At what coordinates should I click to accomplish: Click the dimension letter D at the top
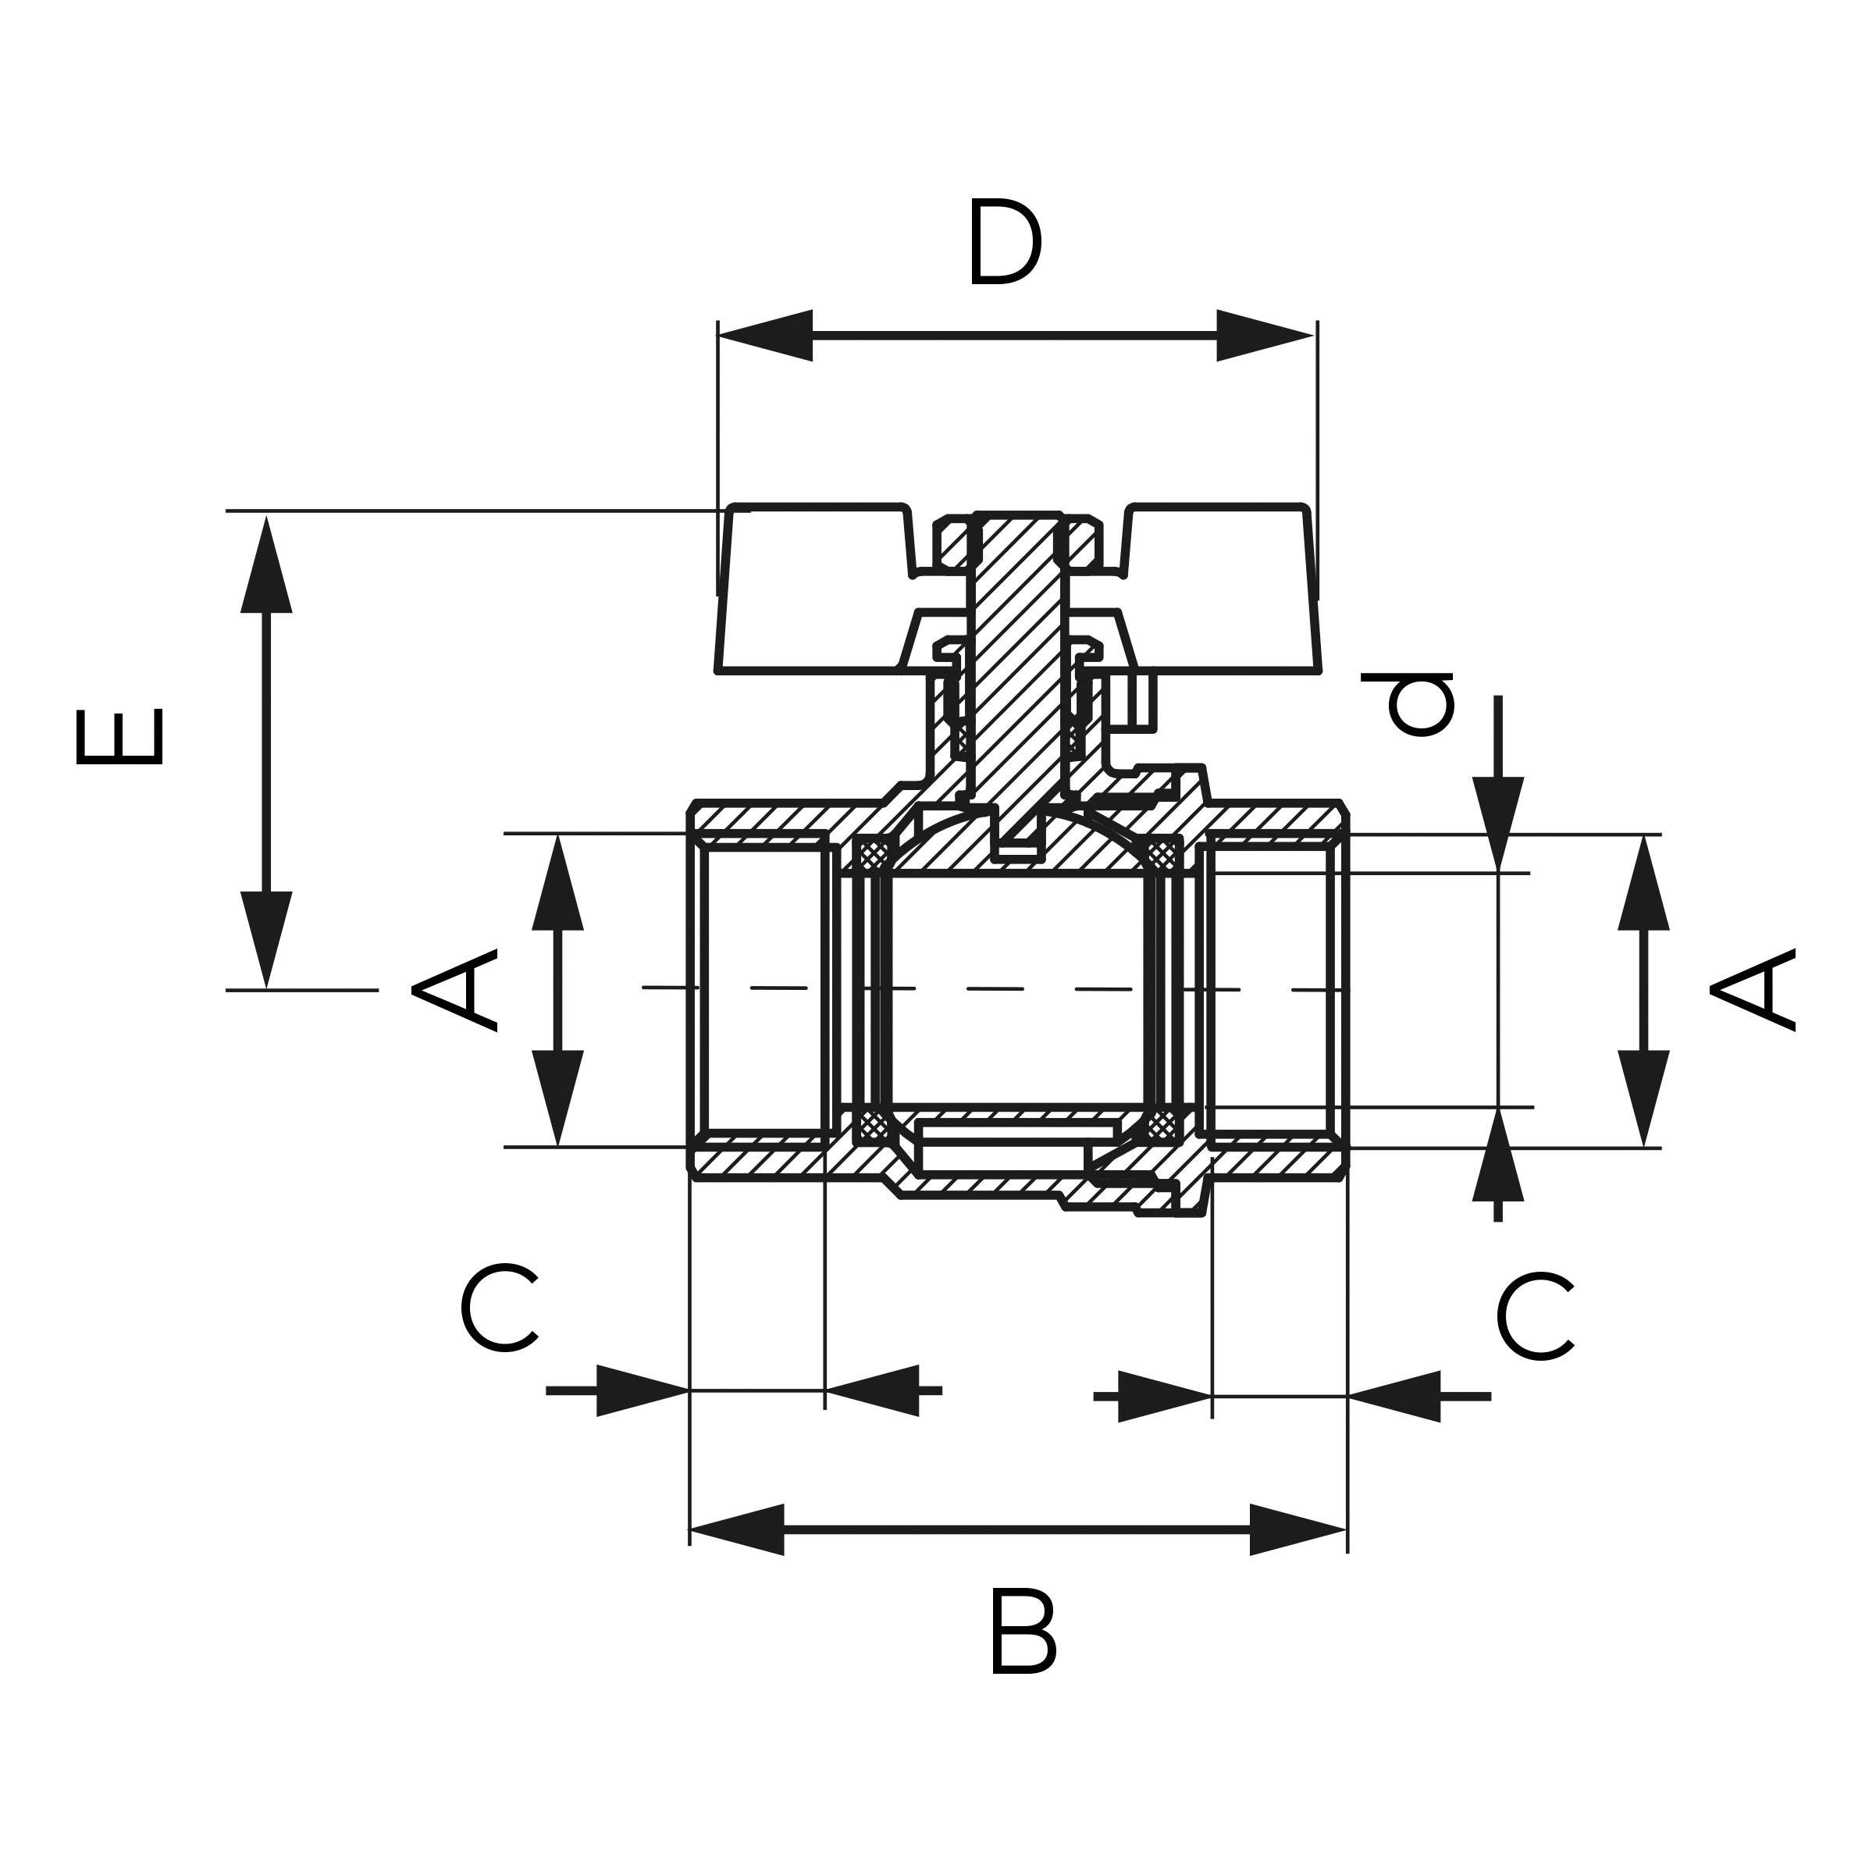(x=1004, y=241)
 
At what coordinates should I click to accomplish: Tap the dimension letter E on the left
(x=119, y=737)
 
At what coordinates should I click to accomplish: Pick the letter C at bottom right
(x=1535, y=1316)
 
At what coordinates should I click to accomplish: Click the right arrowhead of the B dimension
(x=1298, y=1530)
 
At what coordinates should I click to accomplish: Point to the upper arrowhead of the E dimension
(x=266, y=565)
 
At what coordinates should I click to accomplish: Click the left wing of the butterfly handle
(x=814, y=589)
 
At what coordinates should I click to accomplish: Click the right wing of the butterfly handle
(x=1222, y=589)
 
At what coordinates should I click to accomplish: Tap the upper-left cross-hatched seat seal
(x=873, y=853)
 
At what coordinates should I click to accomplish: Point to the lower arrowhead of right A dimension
(x=1644, y=1096)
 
